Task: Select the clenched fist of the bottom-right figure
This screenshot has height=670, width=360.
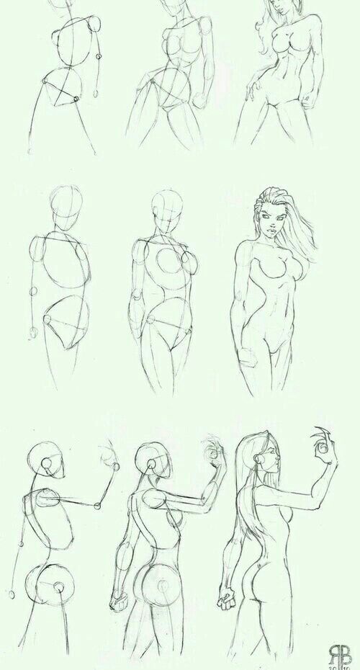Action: coord(229,598)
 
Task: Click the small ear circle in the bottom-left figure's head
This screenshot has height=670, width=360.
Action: coord(47,465)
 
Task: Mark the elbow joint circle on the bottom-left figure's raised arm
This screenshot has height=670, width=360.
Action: coord(113,465)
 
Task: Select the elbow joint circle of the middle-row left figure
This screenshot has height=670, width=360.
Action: coord(32,291)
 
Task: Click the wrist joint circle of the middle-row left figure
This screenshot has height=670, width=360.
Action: coord(33,333)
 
